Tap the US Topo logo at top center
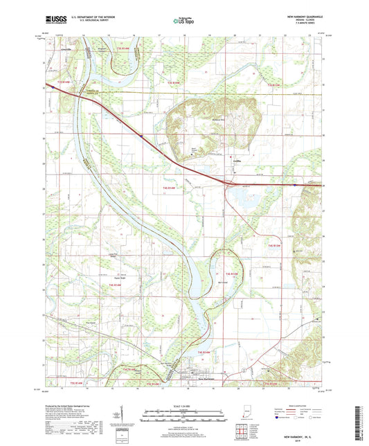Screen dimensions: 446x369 tap(184, 21)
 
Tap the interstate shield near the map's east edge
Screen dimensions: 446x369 tap(295, 185)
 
